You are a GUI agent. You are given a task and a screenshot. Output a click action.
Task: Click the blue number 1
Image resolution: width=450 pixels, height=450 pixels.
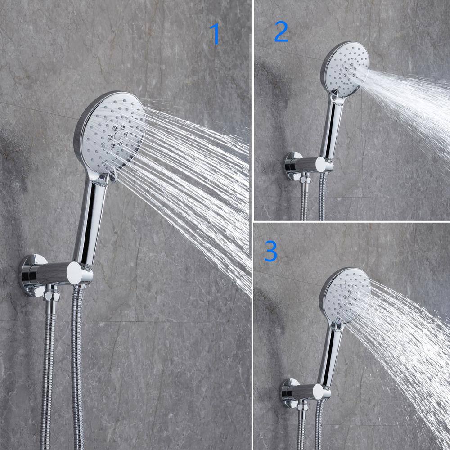(x=215, y=34)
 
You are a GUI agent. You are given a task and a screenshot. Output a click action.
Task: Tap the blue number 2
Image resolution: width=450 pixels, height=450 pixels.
(x=281, y=31)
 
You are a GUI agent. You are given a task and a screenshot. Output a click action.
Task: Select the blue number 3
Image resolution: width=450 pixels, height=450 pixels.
(x=271, y=251)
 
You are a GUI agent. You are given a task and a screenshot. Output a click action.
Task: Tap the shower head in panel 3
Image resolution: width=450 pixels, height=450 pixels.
(x=344, y=296)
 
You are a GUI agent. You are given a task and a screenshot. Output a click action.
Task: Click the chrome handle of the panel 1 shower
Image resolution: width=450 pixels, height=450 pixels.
(x=89, y=221)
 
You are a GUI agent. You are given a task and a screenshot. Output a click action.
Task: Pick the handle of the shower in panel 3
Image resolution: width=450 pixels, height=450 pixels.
(x=330, y=356)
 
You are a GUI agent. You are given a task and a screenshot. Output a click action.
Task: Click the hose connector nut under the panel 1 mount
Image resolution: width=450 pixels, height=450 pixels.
(x=52, y=296)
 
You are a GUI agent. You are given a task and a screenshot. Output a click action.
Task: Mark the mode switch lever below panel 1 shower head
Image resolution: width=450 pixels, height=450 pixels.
(x=112, y=175)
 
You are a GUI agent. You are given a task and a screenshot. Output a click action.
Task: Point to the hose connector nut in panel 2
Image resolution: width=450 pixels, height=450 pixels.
(x=306, y=180)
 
